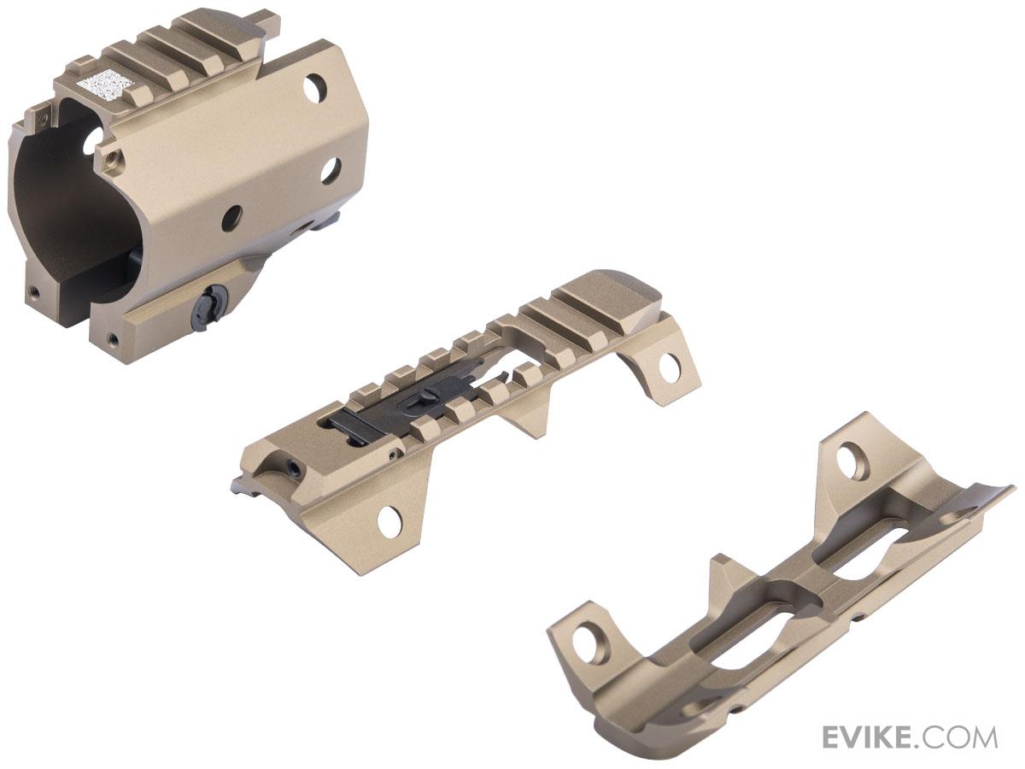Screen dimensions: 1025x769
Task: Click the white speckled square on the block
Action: (98, 83)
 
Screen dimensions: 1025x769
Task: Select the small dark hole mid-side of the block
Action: (231, 218)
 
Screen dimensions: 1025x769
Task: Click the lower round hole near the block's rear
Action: (331, 171)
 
